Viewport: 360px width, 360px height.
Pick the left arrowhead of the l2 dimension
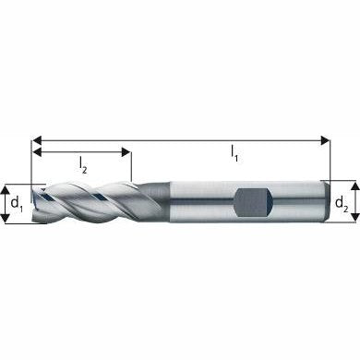pyautogui.click(x=38, y=150)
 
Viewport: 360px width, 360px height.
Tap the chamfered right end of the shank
pyautogui.click(x=326, y=201)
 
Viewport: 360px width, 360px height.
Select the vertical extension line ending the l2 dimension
pyautogui.click(x=132, y=166)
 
